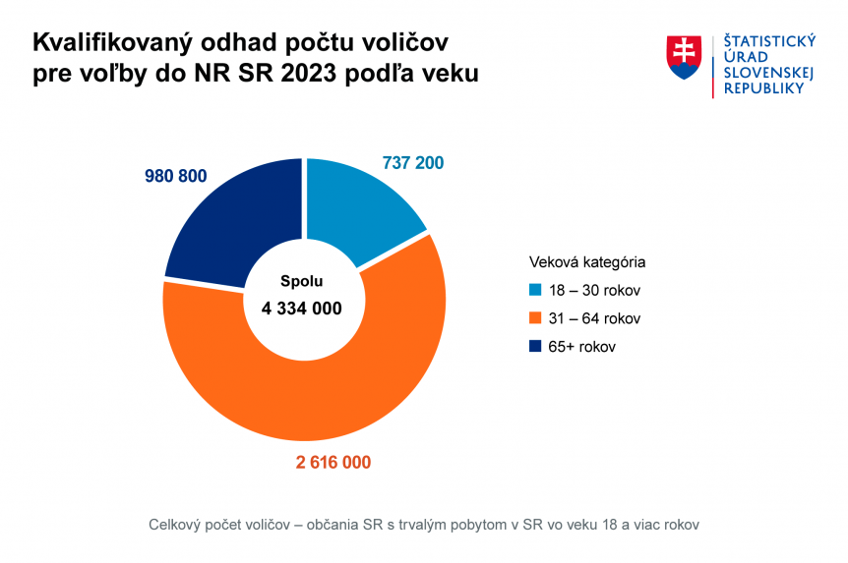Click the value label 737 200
[x=412, y=163]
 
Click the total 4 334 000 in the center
[x=302, y=309]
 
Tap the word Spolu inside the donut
[x=301, y=281]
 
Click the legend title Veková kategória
[x=587, y=262]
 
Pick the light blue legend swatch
[x=535, y=291]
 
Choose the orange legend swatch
[x=535, y=318]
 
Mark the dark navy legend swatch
[x=535, y=346]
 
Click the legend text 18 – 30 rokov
[x=594, y=291]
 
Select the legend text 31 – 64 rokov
[x=594, y=318]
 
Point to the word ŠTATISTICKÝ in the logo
[x=770, y=40]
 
